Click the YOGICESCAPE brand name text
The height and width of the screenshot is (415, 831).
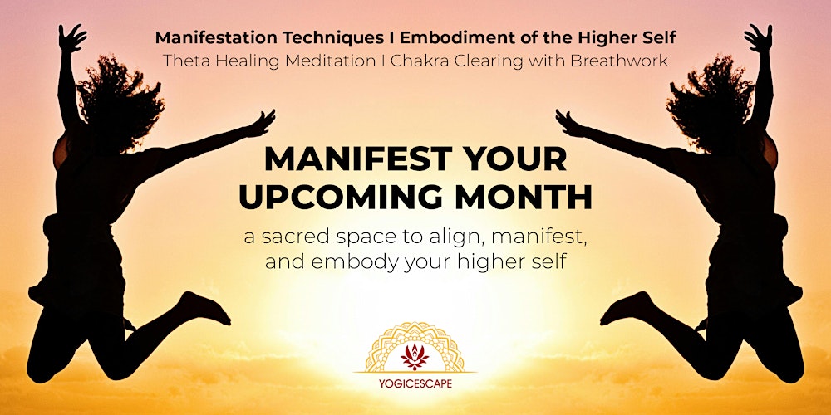pos(415,384)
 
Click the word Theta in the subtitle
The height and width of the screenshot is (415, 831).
pos(184,61)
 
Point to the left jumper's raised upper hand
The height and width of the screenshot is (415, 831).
pos(72,37)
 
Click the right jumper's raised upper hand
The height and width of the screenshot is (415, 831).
pos(758,37)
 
